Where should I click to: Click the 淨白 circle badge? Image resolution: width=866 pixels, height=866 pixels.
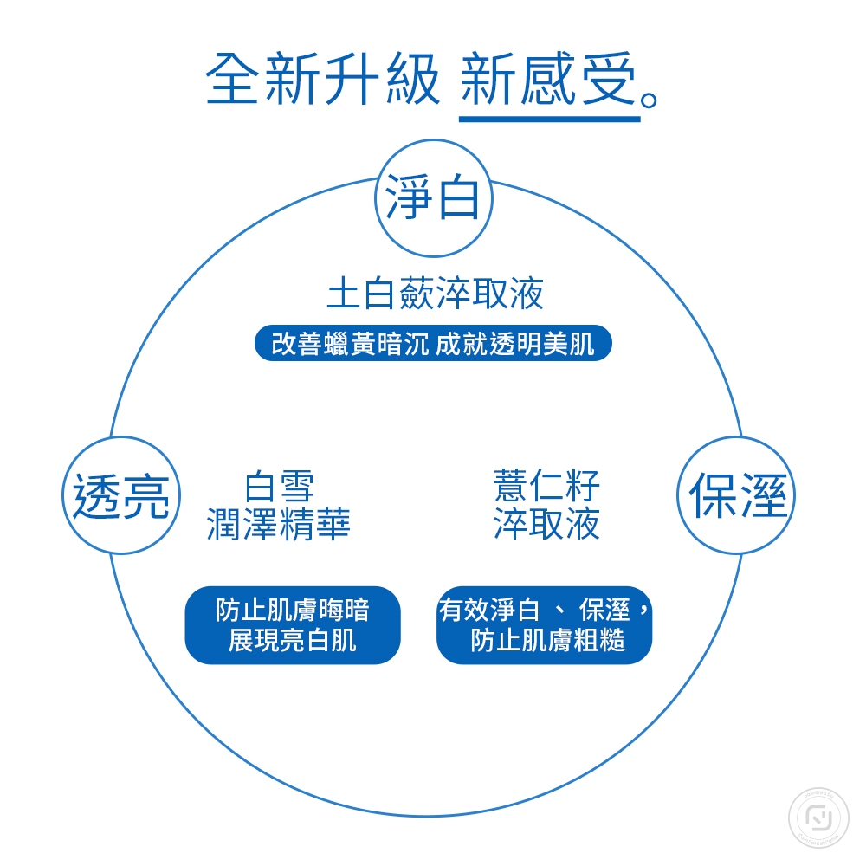[434, 198]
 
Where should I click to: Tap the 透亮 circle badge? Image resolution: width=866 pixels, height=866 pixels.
[121, 495]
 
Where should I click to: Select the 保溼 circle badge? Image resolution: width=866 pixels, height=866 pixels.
[736, 495]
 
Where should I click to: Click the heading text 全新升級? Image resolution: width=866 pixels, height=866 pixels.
[323, 79]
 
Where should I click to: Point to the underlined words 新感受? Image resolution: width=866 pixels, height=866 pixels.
[548, 79]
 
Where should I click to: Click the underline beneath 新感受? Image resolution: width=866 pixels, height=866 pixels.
[550, 119]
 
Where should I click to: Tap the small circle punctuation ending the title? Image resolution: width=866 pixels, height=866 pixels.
[649, 100]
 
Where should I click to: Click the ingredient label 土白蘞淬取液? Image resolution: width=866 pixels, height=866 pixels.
[435, 293]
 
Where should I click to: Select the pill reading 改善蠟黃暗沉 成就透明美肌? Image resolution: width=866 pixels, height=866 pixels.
[433, 343]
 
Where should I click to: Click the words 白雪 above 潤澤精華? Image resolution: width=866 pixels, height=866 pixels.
[279, 486]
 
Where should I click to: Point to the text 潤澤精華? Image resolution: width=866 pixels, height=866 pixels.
[279, 524]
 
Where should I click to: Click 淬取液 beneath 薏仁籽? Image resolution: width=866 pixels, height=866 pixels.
[546, 523]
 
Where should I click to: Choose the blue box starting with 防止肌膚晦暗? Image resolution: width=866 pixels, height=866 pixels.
[293, 625]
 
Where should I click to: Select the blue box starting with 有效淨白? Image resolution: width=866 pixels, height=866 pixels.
[544, 625]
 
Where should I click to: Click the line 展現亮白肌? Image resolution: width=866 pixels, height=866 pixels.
[292, 641]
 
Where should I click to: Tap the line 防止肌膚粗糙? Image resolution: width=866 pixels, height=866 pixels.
[547, 641]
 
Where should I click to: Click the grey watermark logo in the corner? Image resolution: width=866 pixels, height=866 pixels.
[818, 818]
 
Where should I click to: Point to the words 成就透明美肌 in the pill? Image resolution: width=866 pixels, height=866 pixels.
[514, 344]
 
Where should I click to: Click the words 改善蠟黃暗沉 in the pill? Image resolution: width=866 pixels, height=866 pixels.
[350, 344]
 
